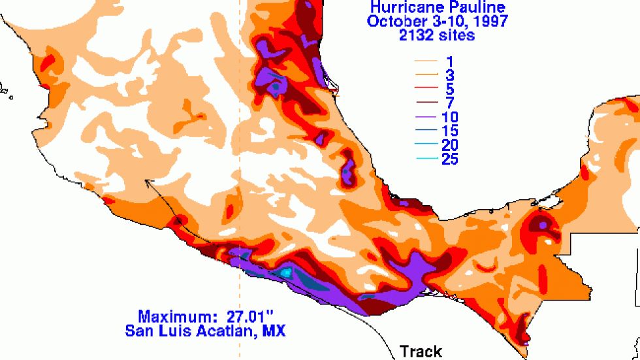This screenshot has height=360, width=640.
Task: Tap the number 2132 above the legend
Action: [416, 35]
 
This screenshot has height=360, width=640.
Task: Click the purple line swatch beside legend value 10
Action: [424, 118]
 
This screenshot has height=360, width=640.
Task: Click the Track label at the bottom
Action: [421, 352]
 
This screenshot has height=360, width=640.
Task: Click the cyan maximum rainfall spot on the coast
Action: [285, 272]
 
